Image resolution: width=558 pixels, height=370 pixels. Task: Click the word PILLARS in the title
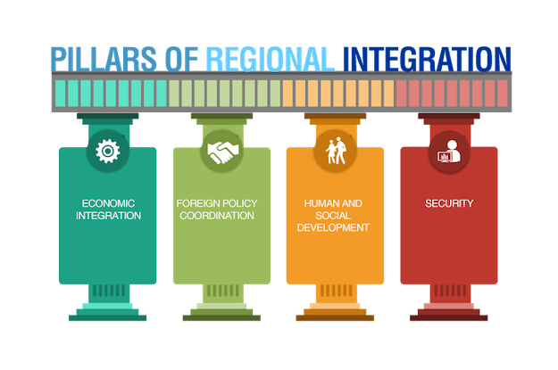(104, 59)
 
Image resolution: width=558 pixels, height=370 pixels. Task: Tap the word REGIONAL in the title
(271, 59)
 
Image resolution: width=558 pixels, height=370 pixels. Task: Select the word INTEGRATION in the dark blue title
(427, 59)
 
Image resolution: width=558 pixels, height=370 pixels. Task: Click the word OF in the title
(181, 59)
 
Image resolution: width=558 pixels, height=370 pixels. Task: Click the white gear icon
(108, 151)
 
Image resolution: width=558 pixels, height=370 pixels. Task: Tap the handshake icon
(223, 152)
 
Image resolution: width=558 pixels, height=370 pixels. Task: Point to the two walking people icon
(336, 151)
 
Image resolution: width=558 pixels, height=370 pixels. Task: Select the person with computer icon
(449, 152)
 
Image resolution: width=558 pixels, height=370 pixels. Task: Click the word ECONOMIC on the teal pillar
(108, 203)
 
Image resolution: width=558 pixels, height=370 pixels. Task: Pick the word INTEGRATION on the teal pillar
(108, 216)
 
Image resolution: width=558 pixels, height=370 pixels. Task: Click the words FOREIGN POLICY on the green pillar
(217, 203)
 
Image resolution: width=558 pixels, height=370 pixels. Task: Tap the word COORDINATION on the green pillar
(217, 216)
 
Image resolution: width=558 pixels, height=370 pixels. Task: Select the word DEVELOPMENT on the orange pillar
(333, 227)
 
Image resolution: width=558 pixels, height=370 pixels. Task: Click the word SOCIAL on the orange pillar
(333, 216)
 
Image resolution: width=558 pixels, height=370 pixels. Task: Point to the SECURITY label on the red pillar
(449, 203)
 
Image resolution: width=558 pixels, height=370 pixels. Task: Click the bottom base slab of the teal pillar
(107, 317)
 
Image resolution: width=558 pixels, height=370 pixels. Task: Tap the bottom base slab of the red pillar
(449, 317)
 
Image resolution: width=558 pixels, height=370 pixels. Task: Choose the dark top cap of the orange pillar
(335, 116)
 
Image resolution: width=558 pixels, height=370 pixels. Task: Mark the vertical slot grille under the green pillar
(223, 291)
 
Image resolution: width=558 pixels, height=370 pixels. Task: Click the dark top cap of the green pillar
(221, 116)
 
